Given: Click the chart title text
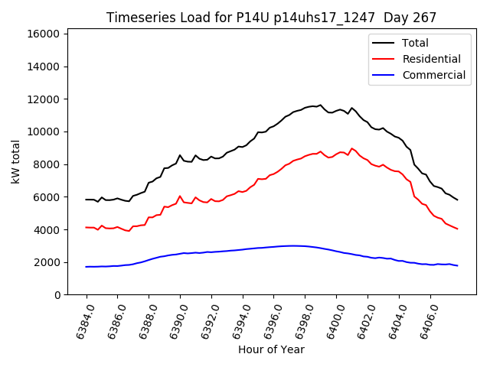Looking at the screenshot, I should point(271,18).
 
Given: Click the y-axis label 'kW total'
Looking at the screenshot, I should point(16,161).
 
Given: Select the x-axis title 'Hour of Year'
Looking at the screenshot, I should point(271,350).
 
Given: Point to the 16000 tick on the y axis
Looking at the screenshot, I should point(44,34).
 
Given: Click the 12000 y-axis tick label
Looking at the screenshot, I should point(44,99).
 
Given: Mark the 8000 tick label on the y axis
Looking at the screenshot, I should point(47,164).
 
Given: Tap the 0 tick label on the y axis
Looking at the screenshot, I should point(58,295).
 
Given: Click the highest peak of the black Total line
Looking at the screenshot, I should point(320,105).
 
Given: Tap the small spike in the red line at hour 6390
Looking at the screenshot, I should point(180,196).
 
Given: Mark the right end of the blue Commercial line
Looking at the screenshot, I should point(457,265).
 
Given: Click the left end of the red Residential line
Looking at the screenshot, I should point(87,227).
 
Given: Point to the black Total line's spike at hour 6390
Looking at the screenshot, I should point(180,155).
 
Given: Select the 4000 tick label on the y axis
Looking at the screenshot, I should point(47,229).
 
